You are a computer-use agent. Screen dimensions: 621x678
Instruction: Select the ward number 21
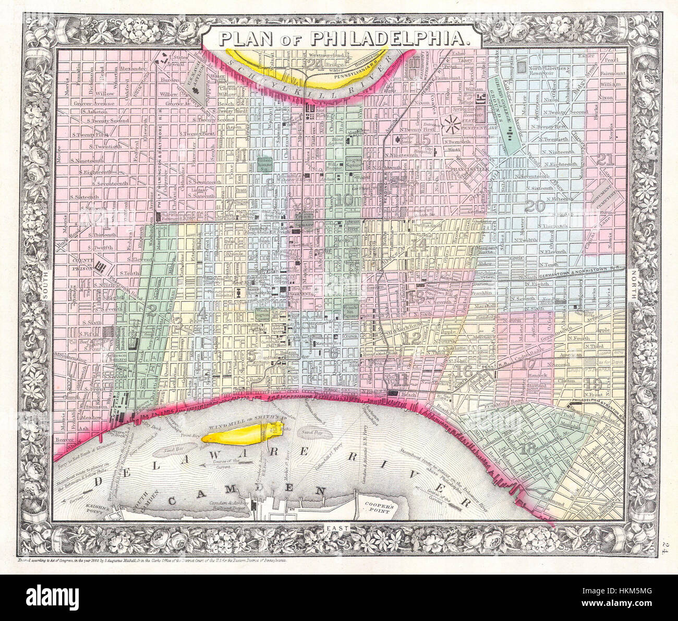606,160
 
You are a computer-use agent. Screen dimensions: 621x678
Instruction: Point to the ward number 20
535,206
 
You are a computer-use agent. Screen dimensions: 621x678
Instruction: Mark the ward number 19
594,384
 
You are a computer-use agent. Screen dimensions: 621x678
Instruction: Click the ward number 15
422,139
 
